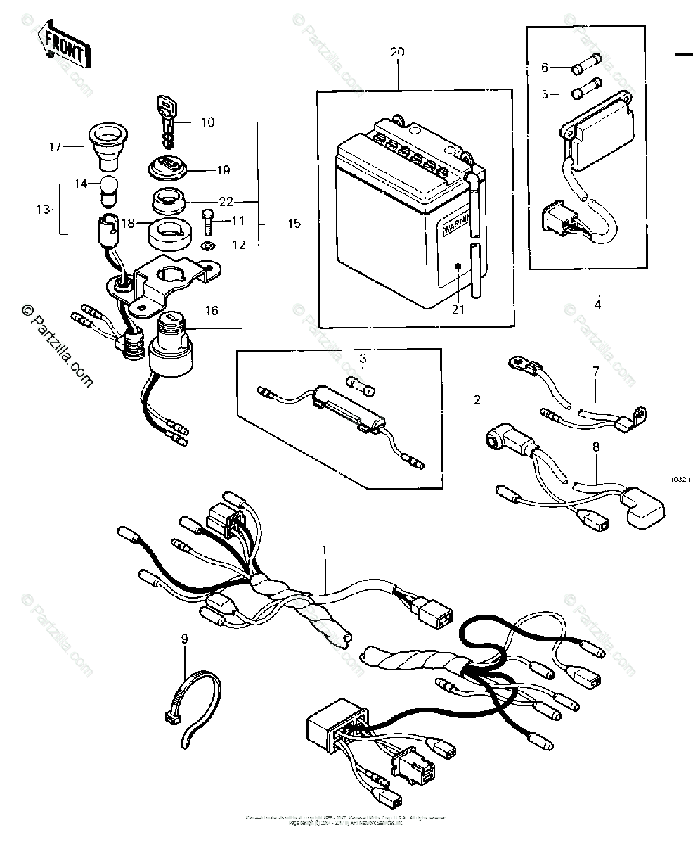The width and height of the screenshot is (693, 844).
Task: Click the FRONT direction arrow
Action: point(65,48)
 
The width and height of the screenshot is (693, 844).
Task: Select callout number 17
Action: point(56,147)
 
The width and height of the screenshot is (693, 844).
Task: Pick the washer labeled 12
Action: point(207,245)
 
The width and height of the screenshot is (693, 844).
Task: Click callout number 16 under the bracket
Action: point(212,310)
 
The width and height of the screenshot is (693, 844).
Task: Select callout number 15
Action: point(294,224)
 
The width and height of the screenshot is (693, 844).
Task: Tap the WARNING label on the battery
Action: point(455,229)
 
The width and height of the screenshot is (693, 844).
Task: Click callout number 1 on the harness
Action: point(325,548)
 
